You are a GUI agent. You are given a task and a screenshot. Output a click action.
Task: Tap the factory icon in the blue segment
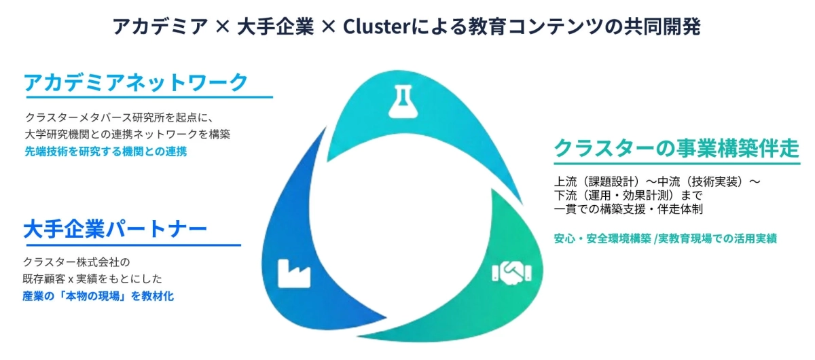293,272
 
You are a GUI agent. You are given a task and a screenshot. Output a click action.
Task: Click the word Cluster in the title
372,26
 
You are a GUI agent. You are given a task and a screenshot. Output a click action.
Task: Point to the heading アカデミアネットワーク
136,83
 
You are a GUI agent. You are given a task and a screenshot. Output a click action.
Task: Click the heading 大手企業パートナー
115,229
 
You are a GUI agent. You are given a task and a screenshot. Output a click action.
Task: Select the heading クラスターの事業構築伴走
676,147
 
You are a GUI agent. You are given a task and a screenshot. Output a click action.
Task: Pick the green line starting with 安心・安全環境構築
665,238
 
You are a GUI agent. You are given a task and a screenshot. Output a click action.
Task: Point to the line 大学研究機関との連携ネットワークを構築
128,134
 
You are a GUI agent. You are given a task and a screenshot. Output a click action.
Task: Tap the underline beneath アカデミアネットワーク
148,97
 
